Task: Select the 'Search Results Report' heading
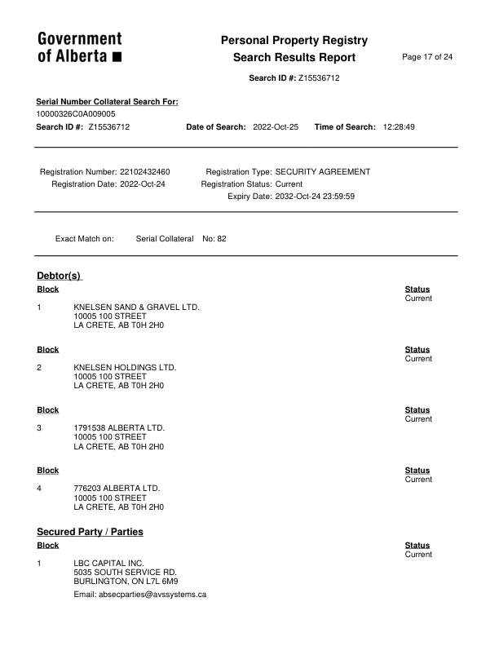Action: (294, 57)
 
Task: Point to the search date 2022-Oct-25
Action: (276, 127)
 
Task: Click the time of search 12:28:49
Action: (399, 127)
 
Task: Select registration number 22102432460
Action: (144, 172)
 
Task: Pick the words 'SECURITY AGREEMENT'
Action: (323, 172)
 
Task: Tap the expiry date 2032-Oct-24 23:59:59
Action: (315, 197)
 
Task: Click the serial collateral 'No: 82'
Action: (214, 239)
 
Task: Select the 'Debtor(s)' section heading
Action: (60, 276)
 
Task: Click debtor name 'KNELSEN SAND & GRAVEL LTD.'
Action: (136, 308)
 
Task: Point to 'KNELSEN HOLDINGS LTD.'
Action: (125, 368)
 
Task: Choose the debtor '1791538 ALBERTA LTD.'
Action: (119, 428)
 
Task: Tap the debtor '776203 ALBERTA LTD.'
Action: (117, 489)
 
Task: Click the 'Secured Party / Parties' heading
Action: (90, 532)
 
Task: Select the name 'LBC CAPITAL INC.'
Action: (108, 564)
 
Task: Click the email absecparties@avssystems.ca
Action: (139, 595)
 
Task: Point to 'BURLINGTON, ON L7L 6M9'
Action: (126, 582)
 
